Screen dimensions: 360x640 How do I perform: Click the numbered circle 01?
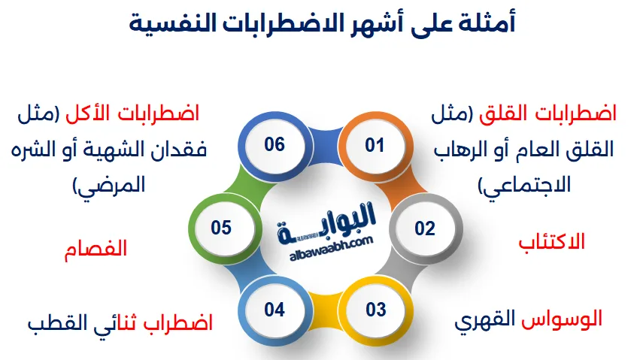pyautogui.click(x=375, y=145)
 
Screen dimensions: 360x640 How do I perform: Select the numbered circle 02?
pyautogui.click(x=425, y=228)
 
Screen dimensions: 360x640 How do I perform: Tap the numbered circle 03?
pyautogui.click(x=375, y=309)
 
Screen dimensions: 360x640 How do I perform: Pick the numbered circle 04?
pyautogui.click(x=275, y=309)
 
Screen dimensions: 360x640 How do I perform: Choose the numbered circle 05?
pyautogui.click(x=221, y=228)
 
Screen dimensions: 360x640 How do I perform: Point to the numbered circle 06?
pyautogui.click(x=275, y=144)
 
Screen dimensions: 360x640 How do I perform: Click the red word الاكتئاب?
pyautogui.click(x=552, y=242)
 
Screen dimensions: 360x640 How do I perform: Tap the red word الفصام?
pyautogui.click(x=96, y=249)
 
